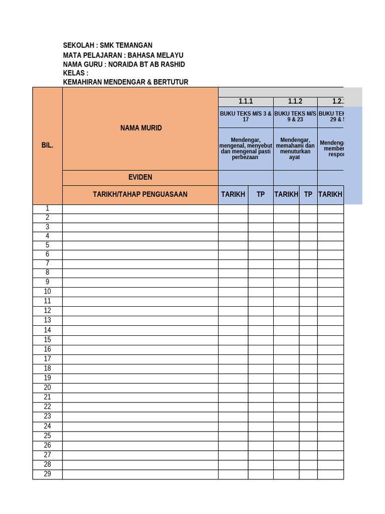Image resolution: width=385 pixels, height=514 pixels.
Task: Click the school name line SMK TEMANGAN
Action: [x=107, y=45]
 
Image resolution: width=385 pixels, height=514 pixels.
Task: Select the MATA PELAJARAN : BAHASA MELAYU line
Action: [x=123, y=55]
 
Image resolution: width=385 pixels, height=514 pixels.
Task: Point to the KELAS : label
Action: [x=76, y=73]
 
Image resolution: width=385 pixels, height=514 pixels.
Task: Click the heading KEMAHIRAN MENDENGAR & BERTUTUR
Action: [x=125, y=82]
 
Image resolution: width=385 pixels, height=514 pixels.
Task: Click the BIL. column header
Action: [x=47, y=145]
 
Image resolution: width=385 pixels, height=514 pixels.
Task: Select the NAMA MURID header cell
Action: [x=141, y=128]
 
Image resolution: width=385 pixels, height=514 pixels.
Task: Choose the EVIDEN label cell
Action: [x=140, y=177]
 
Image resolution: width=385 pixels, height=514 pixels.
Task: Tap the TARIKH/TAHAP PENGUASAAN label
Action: [x=140, y=194]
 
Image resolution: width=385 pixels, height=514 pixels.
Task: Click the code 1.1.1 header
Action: [x=246, y=101]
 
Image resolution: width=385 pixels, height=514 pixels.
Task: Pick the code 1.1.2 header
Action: [x=295, y=101]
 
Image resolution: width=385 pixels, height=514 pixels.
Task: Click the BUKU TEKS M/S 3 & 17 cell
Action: [x=246, y=116]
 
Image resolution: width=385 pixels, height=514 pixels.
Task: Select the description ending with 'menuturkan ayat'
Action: [x=295, y=149]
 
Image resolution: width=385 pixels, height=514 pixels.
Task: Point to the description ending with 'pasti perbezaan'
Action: [x=246, y=149]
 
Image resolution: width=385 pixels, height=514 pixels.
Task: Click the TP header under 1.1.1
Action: [x=261, y=194]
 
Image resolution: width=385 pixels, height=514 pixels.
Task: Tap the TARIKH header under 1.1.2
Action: [x=286, y=194]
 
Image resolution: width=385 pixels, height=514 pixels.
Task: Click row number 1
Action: [x=47, y=208]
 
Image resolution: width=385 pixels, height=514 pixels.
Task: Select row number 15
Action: [x=47, y=339]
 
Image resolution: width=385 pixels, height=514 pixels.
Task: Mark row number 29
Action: [x=47, y=474]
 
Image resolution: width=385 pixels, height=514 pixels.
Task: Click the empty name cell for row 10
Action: [x=140, y=292]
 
